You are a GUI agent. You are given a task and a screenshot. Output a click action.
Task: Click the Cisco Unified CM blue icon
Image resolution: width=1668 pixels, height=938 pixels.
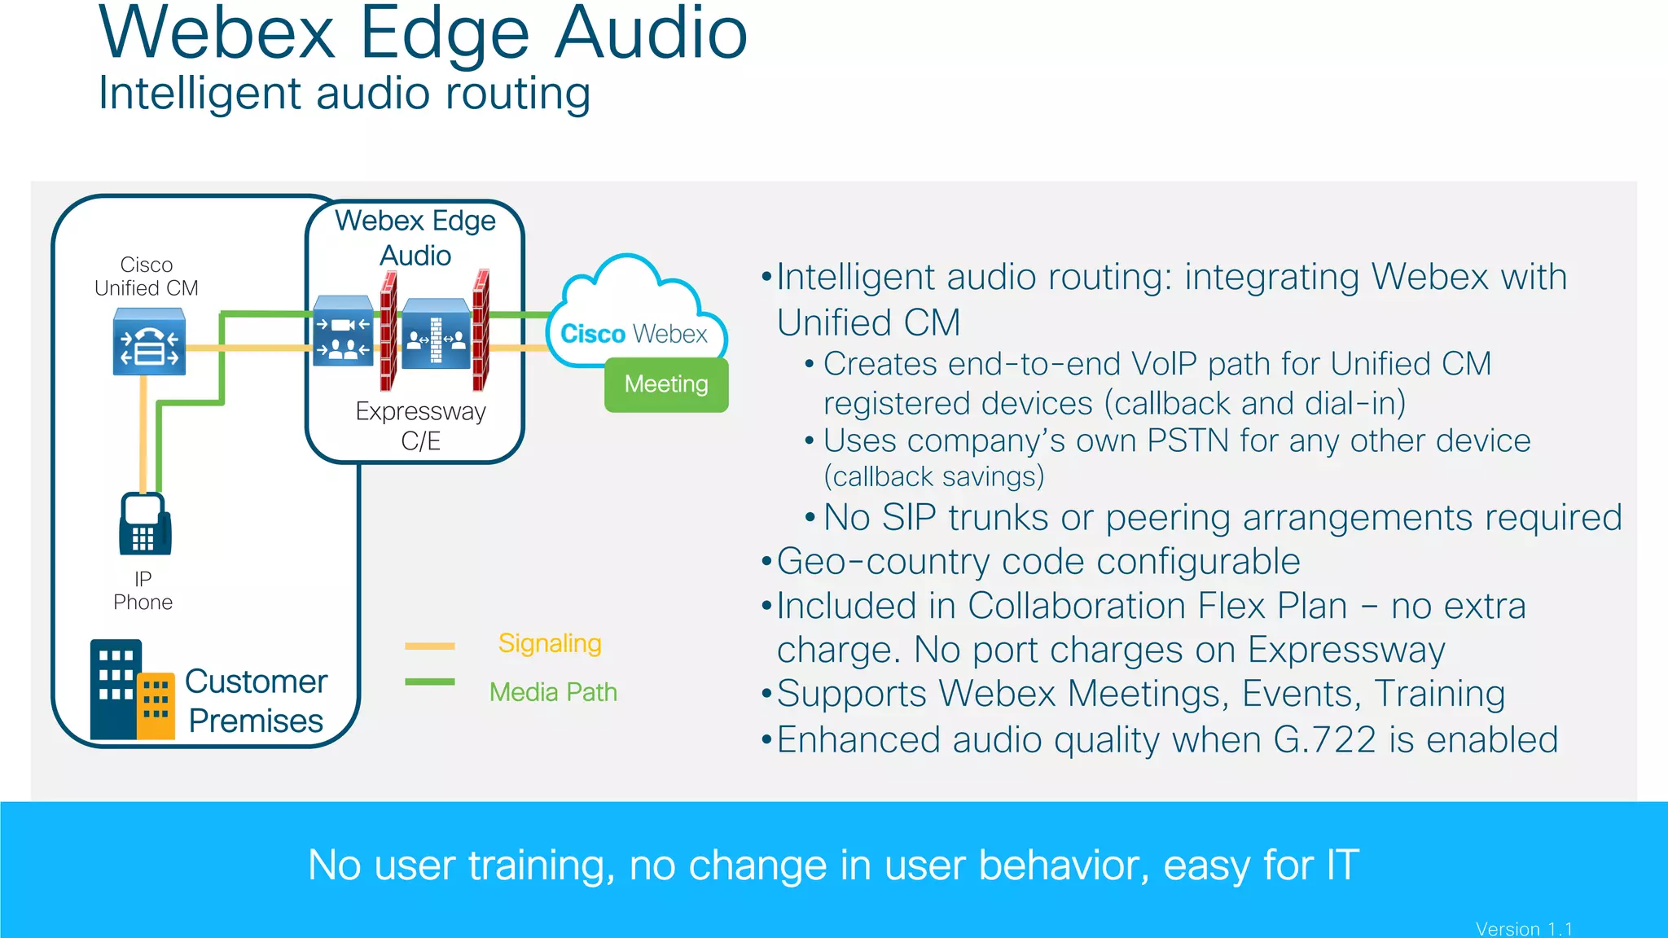(149, 342)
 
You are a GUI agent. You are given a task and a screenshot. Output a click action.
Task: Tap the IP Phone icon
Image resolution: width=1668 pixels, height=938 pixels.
(145, 524)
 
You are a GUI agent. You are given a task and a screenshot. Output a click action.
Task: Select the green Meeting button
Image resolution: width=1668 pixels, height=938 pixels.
(666, 384)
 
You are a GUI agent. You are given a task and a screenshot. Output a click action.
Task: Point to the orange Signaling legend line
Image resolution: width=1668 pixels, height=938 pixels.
(430, 646)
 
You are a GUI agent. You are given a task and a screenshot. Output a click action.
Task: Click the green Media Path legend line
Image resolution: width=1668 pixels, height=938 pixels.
(430, 682)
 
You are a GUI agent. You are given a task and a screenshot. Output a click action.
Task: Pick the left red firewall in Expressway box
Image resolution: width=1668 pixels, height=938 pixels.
(388, 331)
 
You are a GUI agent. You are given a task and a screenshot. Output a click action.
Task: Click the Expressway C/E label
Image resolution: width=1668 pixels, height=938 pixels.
(420, 425)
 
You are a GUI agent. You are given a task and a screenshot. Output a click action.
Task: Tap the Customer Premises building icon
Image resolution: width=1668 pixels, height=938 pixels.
(131, 690)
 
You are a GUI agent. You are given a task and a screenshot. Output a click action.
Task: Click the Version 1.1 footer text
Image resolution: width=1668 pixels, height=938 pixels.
(1524, 928)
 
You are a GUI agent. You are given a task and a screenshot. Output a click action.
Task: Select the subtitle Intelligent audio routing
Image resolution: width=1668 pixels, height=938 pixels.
(344, 93)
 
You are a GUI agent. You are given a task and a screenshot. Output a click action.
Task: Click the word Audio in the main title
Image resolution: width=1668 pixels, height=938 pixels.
(650, 34)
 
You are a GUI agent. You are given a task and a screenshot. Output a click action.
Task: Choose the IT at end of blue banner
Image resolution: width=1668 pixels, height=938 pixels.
(1341, 865)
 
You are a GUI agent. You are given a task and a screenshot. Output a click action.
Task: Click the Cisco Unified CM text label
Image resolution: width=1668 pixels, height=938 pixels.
(147, 276)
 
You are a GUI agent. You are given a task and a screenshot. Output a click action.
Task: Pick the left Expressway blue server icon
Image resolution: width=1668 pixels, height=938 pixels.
(343, 331)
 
